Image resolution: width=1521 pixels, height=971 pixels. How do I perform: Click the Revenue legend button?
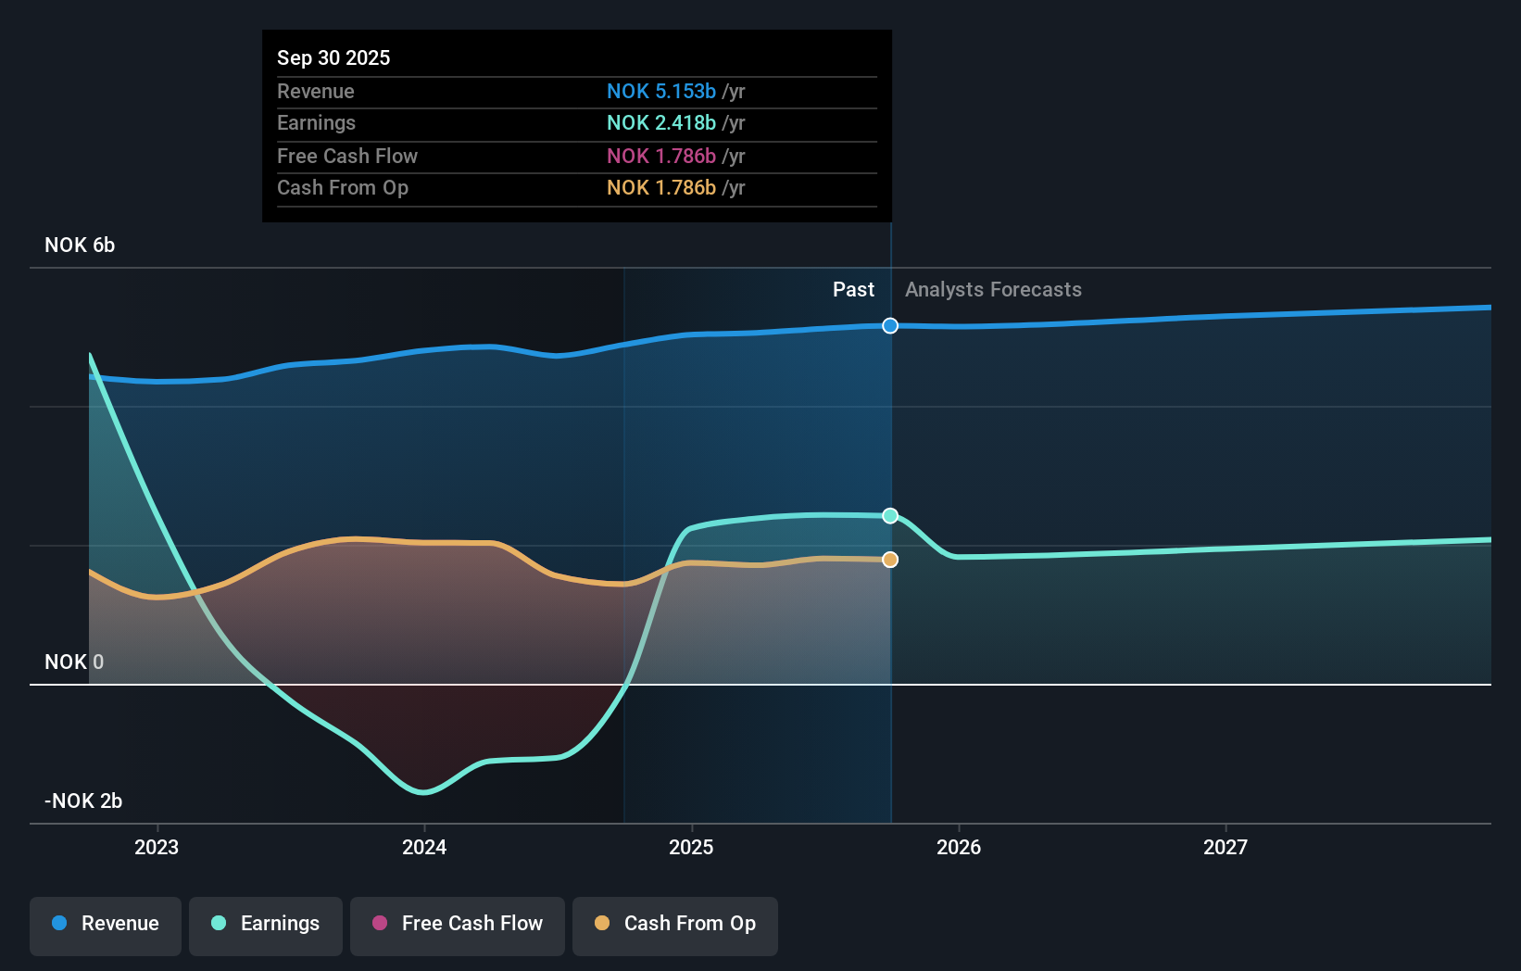coord(106,924)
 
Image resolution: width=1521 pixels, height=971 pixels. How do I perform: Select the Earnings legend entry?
coord(266,924)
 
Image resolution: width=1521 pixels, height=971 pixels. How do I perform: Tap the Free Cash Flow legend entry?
coord(458,924)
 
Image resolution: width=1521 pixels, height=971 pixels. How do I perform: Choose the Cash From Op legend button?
coord(675,924)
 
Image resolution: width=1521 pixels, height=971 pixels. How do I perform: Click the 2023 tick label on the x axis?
coord(157,847)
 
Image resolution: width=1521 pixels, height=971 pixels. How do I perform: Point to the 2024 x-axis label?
coord(424,847)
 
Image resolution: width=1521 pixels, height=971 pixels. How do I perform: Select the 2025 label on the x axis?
coord(691,847)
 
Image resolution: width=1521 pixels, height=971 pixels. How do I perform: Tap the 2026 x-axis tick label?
coord(959,847)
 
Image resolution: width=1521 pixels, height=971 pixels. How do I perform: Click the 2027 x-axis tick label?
coord(1226,847)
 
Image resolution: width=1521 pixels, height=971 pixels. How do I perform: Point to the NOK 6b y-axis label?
coord(80,246)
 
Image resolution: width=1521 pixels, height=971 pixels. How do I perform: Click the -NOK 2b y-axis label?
coord(83,801)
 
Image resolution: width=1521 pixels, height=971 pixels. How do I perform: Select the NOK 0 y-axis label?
coord(74,662)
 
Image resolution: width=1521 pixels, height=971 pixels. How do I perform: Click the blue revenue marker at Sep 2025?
coord(890,325)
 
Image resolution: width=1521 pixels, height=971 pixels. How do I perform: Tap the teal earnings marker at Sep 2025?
coord(890,515)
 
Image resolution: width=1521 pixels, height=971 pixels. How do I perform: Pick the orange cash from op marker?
coord(890,560)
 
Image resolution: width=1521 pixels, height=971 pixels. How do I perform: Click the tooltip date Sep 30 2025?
coord(333,57)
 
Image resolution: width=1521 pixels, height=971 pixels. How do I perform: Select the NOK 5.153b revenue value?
coord(661,91)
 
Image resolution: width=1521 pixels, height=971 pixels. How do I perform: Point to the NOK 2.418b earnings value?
coord(661,122)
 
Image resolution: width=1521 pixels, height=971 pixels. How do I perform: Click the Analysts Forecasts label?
coord(993,290)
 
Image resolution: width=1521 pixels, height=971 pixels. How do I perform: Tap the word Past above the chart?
coord(853,290)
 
